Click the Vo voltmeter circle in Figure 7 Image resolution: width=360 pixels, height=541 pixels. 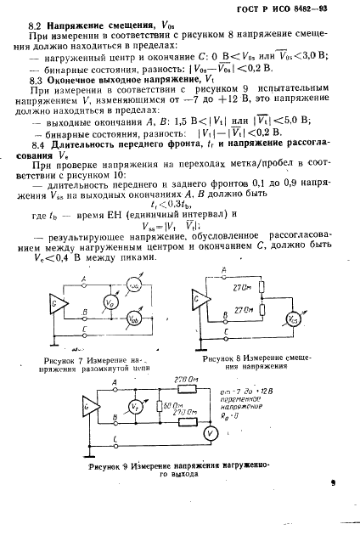pos(107,301)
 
